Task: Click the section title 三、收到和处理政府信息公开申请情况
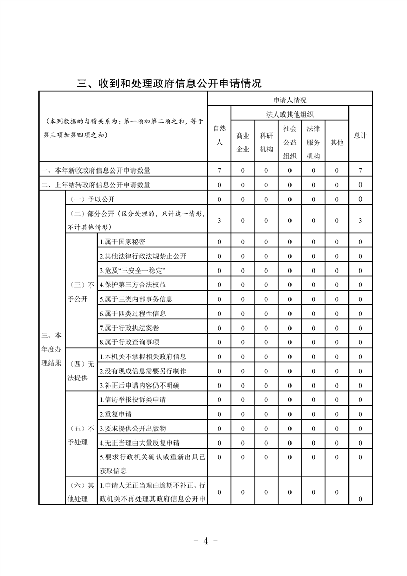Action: (x=169, y=83)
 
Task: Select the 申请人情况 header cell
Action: (x=289, y=100)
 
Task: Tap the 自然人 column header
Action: (x=219, y=136)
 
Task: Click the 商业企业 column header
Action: (x=243, y=142)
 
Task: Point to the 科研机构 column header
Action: (x=266, y=142)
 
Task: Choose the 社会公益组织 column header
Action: (x=289, y=142)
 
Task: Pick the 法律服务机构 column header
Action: (x=313, y=142)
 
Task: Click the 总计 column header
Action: (x=360, y=136)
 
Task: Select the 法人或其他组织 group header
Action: (x=289, y=114)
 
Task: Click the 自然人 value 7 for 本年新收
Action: (x=219, y=170)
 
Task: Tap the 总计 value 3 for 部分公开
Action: (x=360, y=220)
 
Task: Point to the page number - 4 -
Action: (x=204, y=541)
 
